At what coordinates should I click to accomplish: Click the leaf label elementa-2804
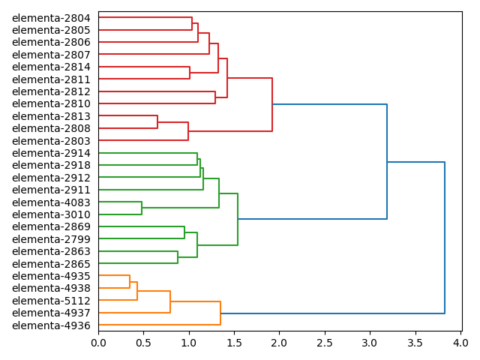51,18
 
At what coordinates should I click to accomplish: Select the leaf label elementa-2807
51,55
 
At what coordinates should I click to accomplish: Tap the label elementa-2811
51,79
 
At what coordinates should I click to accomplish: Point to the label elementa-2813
51,116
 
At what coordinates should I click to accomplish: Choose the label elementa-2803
51,141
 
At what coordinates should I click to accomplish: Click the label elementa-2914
51,153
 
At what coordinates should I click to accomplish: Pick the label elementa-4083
51,202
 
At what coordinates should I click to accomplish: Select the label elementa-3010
51,214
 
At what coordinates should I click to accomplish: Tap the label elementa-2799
51,239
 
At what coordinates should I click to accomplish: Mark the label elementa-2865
51,264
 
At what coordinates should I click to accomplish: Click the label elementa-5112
51,301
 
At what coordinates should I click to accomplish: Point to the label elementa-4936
51,325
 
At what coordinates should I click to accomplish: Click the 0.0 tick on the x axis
98,343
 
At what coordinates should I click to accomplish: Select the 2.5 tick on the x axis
325,343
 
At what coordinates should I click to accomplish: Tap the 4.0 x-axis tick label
460,343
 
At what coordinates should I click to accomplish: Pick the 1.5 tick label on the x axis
234,343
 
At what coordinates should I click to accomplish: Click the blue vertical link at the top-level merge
445,238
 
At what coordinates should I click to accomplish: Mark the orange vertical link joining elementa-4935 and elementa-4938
130,282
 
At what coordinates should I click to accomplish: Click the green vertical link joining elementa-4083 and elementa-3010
142,208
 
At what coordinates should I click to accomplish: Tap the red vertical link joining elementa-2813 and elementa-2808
157,122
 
